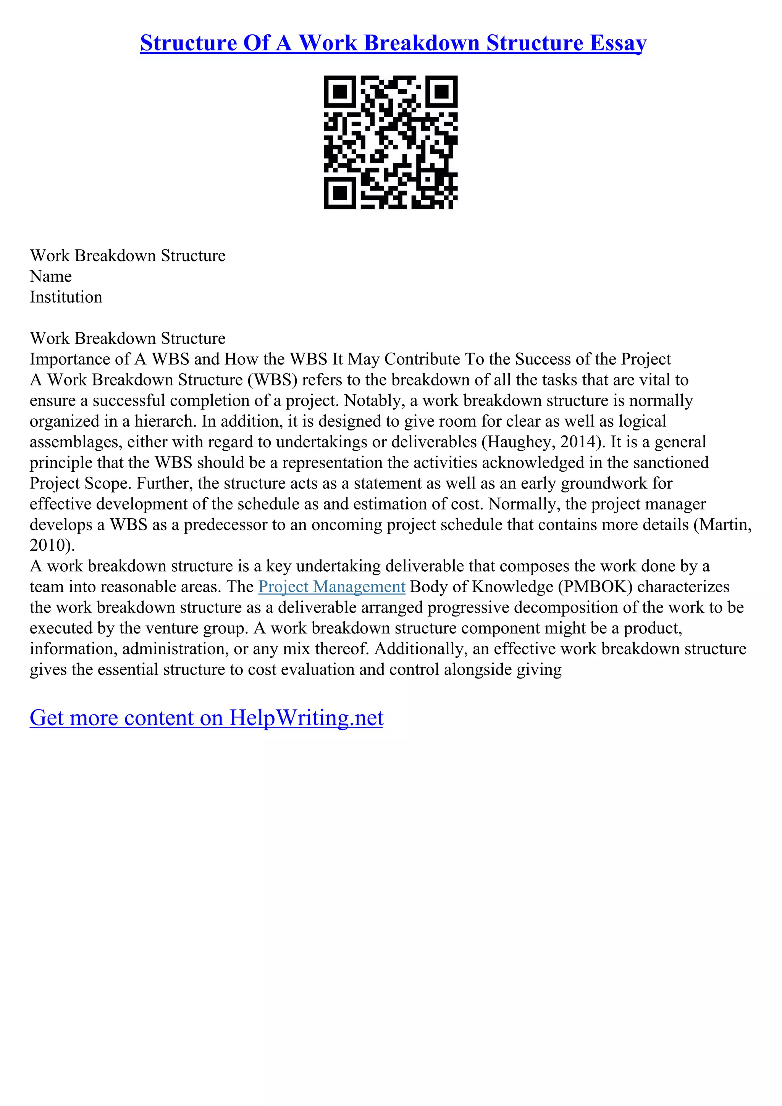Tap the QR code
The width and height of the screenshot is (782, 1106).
[x=390, y=143]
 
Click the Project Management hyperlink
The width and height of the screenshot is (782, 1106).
[x=331, y=587]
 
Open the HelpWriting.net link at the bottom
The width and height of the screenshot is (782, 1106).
[x=206, y=718]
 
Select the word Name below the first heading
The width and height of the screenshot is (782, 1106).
[x=50, y=276]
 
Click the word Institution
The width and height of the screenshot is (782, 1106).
[x=66, y=297]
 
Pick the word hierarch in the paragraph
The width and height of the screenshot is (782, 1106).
[x=165, y=421]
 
